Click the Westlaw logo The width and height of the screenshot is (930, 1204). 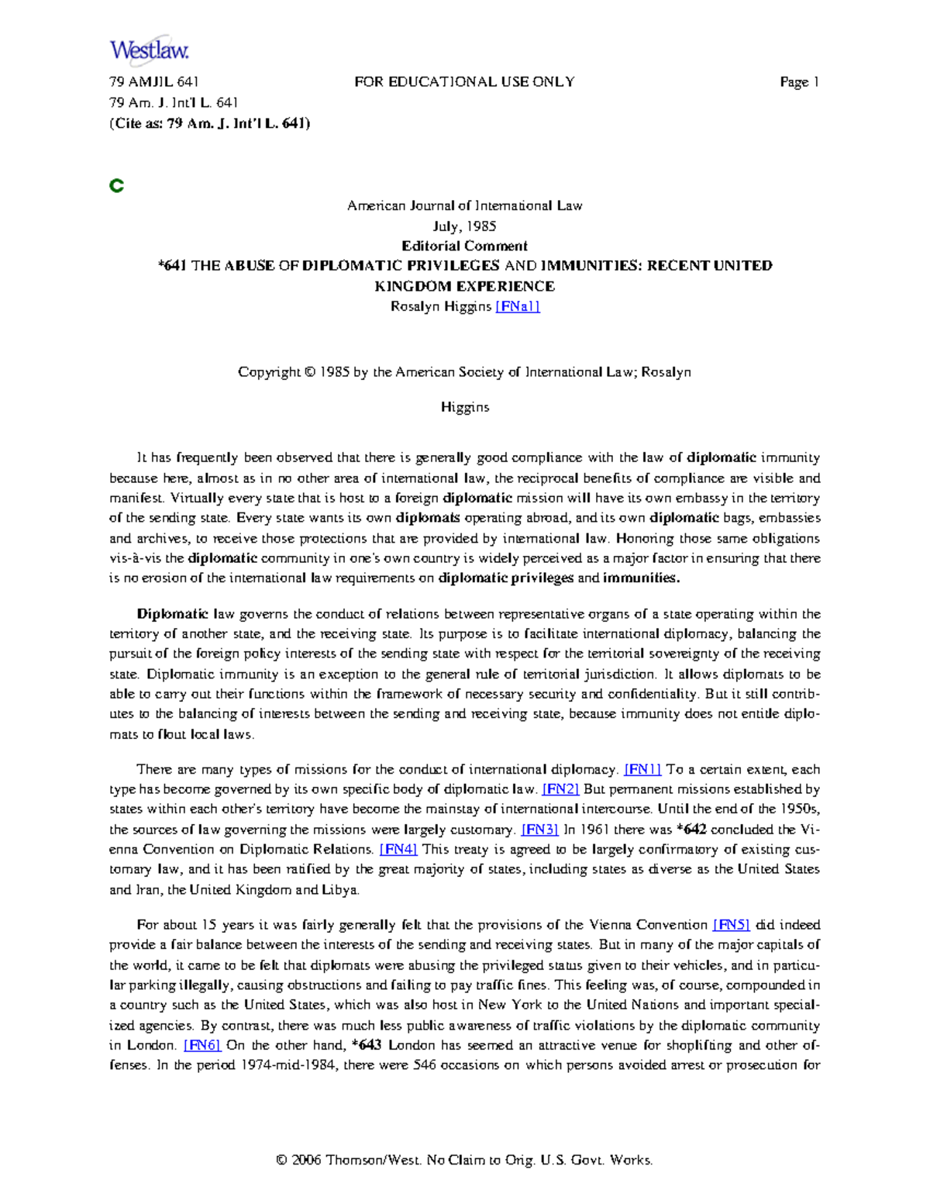pos(149,50)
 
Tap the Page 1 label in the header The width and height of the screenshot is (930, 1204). pos(799,82)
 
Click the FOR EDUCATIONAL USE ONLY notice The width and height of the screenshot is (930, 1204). pos(464,82)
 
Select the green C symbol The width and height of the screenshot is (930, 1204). pos(117,186)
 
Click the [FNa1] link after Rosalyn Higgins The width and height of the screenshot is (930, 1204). pos(517,306)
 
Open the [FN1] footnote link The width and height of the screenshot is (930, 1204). pos(642,770)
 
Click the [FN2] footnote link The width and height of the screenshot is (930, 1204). pos(560,789)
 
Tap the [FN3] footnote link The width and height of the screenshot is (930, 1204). pos(539,830)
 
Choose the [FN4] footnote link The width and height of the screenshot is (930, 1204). pos(398,849)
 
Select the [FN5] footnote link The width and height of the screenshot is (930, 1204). pos(731,925)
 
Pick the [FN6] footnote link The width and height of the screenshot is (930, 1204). pos(202,1045)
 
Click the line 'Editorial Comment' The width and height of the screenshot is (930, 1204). pos(464,246)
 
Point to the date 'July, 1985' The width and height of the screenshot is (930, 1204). pos(464,226)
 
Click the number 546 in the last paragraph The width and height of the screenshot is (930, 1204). pos(425,1065)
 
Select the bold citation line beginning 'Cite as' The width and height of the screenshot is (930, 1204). pos(209,122)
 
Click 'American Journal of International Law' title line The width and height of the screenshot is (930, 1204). pos(464,206)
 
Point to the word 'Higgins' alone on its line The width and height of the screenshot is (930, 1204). pos(464,407)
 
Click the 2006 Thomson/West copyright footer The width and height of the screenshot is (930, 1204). pos(464,1160)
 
